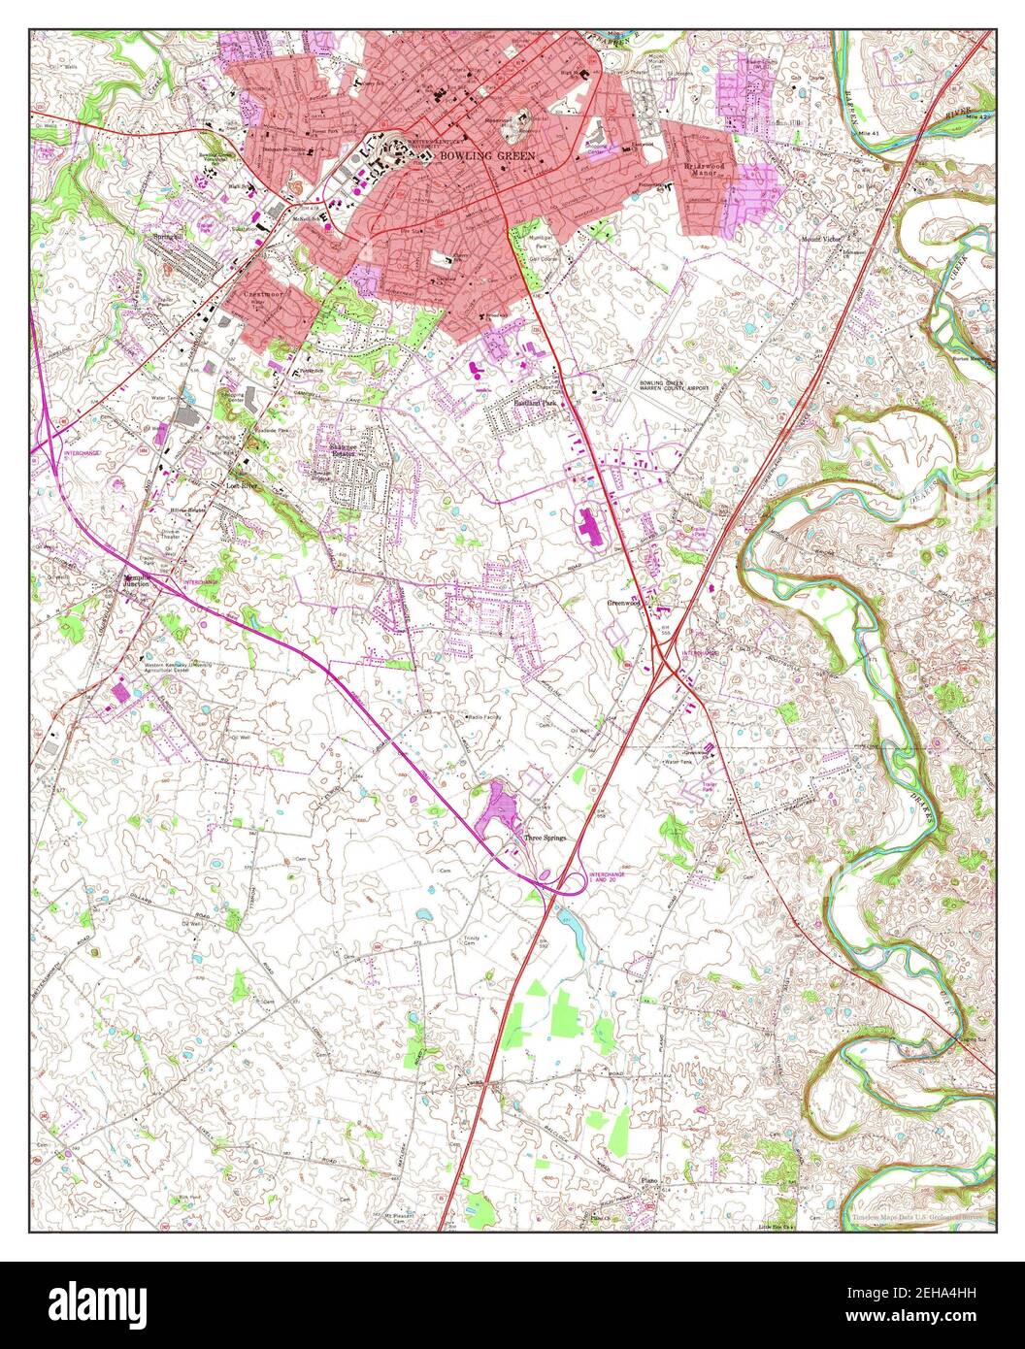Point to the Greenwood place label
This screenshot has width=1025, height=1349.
(625, 602)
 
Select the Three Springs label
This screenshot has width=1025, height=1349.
(545, 837)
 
